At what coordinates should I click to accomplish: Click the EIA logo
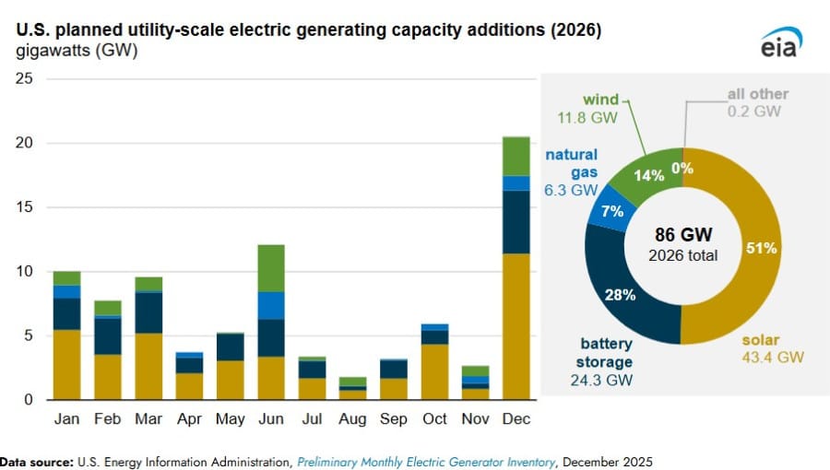780,42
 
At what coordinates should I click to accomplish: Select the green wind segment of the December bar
516,156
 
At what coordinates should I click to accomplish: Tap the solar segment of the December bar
516,326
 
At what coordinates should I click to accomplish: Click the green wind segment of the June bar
270,268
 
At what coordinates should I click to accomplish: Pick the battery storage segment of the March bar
148,312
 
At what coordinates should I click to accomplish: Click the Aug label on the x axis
352,419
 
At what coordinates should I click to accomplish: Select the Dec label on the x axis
516,419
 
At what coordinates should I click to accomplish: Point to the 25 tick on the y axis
25,79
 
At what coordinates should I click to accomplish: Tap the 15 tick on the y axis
25,207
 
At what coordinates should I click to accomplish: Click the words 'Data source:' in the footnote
34,459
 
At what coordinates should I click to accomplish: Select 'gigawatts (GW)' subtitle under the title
77,52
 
